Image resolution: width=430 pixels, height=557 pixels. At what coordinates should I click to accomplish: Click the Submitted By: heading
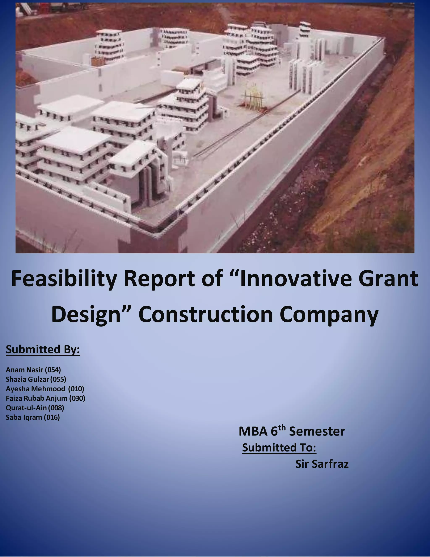(x=43, y=349)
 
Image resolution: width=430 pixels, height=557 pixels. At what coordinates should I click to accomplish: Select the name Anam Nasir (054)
(x=33, y=370)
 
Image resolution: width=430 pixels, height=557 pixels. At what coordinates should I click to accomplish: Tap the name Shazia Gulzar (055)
(x=36, y=379)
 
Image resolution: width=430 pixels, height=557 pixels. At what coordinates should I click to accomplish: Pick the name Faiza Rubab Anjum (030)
(x=45, y=398)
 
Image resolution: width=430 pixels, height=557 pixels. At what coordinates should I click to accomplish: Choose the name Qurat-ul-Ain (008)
(x=35, y=408)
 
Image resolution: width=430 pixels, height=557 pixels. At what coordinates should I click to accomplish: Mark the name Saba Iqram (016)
(x=33, y=417)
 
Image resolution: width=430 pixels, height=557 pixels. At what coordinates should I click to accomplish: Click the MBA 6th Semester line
(x=292, y=432)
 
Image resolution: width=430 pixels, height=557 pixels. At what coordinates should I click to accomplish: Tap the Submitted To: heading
(x=279, y=447)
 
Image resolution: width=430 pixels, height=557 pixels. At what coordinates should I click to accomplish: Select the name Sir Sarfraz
(x=322, y=464)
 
